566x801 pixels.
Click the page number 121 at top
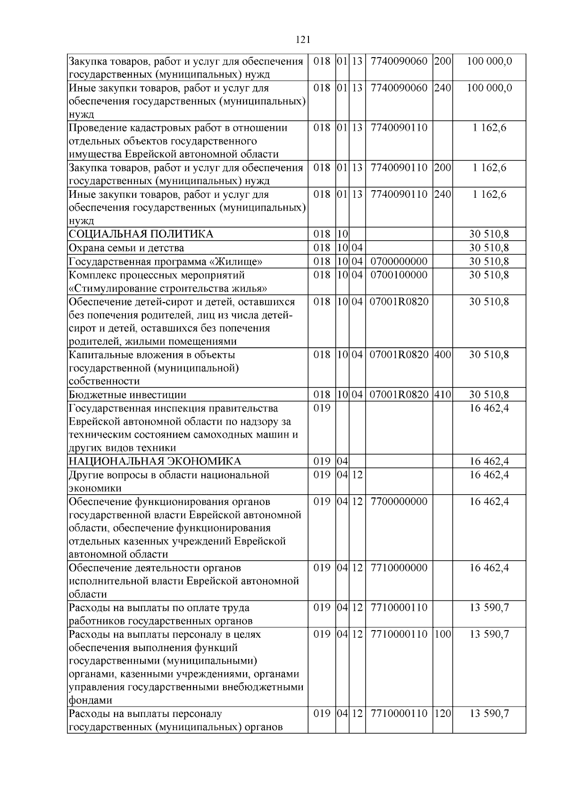pyautogui.click(x=303, y=40)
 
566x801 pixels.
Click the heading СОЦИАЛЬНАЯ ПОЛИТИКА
pyautogui.click(x=141, y=234)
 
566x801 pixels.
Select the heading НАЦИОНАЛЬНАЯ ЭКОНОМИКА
pyautogui.click(x=155, y=462)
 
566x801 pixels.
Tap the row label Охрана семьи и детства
pyautogui.click(x=126, y=248)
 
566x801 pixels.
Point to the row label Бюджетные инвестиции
pyautogui.click(x=127, y=395)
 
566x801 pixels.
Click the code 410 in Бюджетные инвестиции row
pyautogui.click(x=442, y=395)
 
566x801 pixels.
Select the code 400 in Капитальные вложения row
pyautogui.click(x=442, y=355)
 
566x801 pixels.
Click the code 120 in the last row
pyautogui.click(x=442, y=714)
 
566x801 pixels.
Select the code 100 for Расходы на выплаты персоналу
pyautogui.click(x=442, y=634)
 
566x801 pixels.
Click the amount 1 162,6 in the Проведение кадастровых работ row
pyautogui.click(x=489, y=128)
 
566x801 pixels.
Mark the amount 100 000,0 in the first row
pyautogui.click(x=489, y=61)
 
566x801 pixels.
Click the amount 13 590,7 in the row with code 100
pyautogui.click(x=489, y=634)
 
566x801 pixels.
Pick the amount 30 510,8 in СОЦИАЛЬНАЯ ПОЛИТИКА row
pyautogui.click(x=489, y=234)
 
